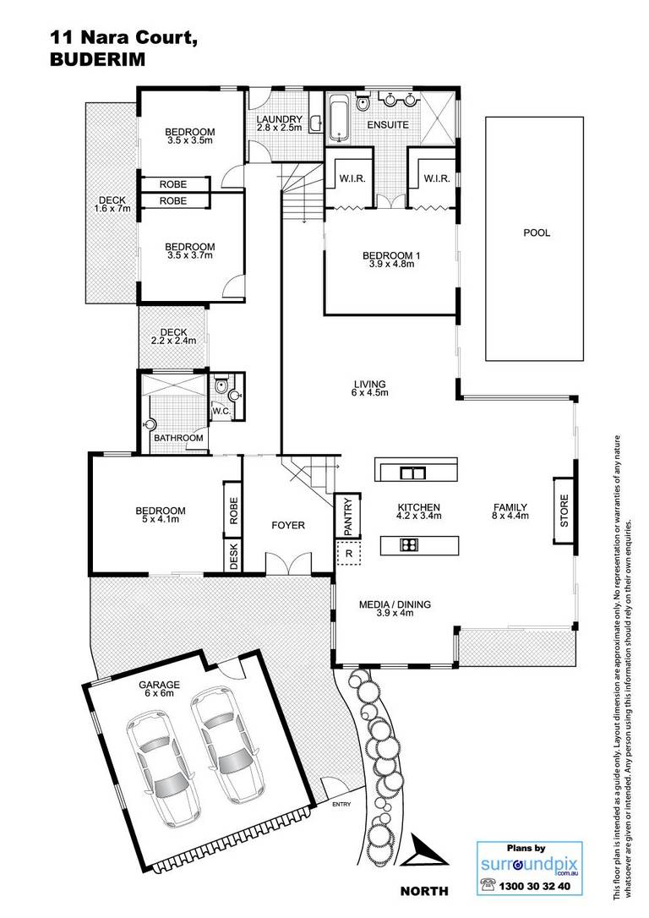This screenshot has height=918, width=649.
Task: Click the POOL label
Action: pos(536,232)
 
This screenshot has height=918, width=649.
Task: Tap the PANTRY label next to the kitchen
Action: pos(348,517)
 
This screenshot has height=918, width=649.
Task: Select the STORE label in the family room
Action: pos(564,511)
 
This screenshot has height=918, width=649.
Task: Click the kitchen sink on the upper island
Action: pos(412,472)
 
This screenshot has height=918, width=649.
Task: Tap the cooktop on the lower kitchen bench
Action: pos(408,545)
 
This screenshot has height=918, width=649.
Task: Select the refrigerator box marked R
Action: pos(349,553)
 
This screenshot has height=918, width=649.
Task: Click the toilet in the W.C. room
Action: pos(221,385)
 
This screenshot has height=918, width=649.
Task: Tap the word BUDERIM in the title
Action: pos(97,60)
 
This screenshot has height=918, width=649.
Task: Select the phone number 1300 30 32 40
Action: pos(534,886)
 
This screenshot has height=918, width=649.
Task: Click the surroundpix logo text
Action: pos(529,864)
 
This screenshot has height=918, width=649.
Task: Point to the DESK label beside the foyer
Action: pos(233,556)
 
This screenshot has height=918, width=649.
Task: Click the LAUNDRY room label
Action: pos(279,119)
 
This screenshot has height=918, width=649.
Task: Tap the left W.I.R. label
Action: pos(352,178)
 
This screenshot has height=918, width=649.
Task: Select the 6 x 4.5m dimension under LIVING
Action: pos(370,392)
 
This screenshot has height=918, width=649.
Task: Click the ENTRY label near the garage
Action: pos(341,805)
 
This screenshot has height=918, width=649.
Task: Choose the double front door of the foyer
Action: pos(289,562)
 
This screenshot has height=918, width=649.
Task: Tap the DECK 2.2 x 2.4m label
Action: pos(173,336)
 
